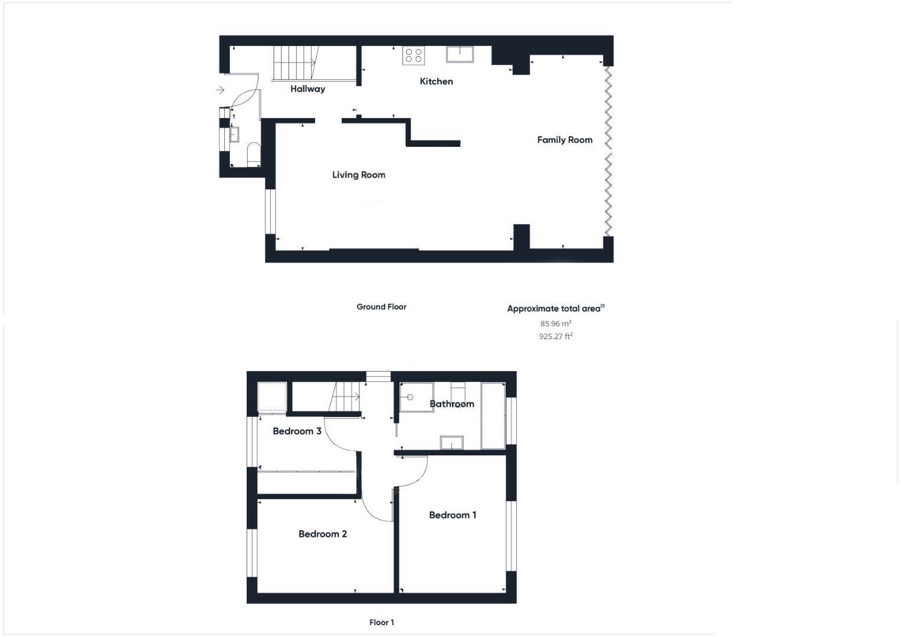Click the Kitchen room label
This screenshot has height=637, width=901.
tap(436, 81)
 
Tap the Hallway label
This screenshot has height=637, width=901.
tap(307, 89)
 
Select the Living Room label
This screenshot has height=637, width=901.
tap(358, 175)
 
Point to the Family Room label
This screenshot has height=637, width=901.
tap(565, 140)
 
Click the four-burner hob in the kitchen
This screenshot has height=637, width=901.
tap(413, 55)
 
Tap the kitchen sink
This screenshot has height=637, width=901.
tap(460, 54)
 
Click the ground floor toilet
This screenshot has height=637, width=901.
tap(253, 153)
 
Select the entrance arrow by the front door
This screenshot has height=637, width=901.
tap(220, 90)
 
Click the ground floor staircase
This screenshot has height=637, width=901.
tap(294, 63)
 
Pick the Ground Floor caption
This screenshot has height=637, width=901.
tap(381, 307)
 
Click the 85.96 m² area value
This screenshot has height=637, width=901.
tap(556, 323)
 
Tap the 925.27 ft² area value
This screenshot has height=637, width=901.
tap(556, 337)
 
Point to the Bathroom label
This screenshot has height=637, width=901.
tap(451, 404)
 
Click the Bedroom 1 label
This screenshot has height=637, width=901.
tap(453, 515)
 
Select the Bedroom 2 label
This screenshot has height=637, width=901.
tap(322, 534)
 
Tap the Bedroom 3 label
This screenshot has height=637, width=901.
tap(297, 431)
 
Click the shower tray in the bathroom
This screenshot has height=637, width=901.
tap(417, 397)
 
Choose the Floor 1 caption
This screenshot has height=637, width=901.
tap(381, 622)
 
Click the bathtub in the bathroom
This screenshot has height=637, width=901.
tap(493, 416)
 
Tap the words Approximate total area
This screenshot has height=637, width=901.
tap(553, 308)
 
